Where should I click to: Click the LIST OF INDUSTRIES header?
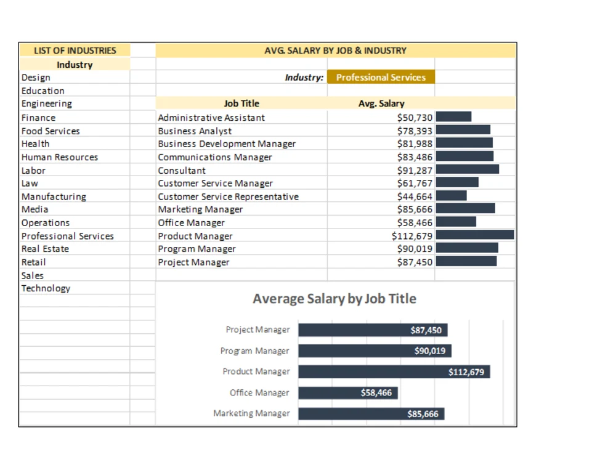click(75, 51)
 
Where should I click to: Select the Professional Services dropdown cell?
click(381, 77)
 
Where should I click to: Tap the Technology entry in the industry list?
click(46, 288)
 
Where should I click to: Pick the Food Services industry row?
click(51, 131)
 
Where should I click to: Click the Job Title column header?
click(241, 103)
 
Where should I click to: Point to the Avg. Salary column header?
click(381, 103)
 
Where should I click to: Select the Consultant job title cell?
click(182, 170)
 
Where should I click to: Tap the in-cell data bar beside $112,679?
click(474, 235)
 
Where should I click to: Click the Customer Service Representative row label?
click(228, 197)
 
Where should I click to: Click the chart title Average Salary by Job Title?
click(334, 299)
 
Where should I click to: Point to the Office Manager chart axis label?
click(259, 392)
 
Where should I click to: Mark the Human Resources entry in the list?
click(60, 157)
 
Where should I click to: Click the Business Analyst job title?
click(195, 131)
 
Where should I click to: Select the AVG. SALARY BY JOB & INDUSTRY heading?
click(335, 51)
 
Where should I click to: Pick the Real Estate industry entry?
click(45, 249)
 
